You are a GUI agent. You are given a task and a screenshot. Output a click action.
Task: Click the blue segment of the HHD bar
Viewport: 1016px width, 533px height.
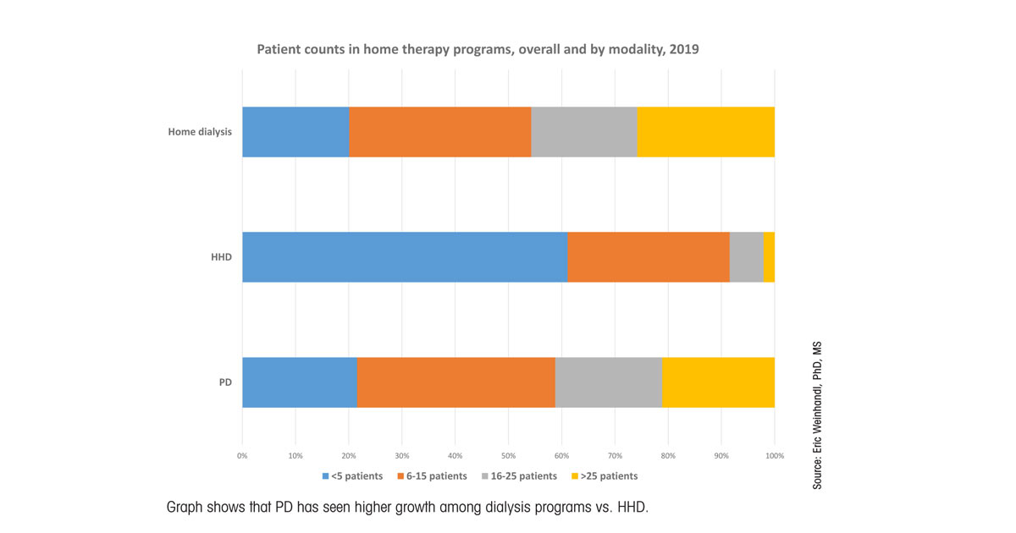pyautogui.click(x=405, y=256)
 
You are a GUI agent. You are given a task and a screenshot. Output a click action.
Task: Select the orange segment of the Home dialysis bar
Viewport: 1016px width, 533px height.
pyautogui.click(x=439, y=132)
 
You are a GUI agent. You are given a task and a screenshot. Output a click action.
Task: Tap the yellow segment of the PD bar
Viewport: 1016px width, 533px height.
pyautogui.click(x=718, y=382)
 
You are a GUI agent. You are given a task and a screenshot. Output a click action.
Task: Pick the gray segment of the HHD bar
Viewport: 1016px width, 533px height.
pyautogui.click(x=746, y=256)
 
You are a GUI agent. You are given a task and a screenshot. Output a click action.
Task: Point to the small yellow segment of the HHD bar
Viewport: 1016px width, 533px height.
pyautogui.click(x=769, y=256)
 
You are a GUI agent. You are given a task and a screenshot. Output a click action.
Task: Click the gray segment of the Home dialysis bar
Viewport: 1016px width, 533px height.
pyautogui.click(x=583, y=132)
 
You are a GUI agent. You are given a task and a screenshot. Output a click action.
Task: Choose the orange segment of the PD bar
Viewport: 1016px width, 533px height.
pyautogui.click(x=456, y=382)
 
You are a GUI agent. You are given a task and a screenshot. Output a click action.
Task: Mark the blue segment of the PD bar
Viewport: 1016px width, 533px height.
pyautogui.click(x=299, y=382)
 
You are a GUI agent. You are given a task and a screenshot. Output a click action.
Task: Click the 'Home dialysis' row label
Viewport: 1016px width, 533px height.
pyautogui.click(x=200, y=132)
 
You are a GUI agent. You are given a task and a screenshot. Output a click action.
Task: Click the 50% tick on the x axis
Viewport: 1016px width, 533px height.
pyautogui.click(x=509, y=456)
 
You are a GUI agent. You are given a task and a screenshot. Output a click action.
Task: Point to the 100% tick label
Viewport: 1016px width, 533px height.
pyautogui.click(x=774, y=456)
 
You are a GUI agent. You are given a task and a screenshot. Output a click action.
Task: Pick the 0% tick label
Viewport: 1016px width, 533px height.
pyautogui.click(x=242, y=456)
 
